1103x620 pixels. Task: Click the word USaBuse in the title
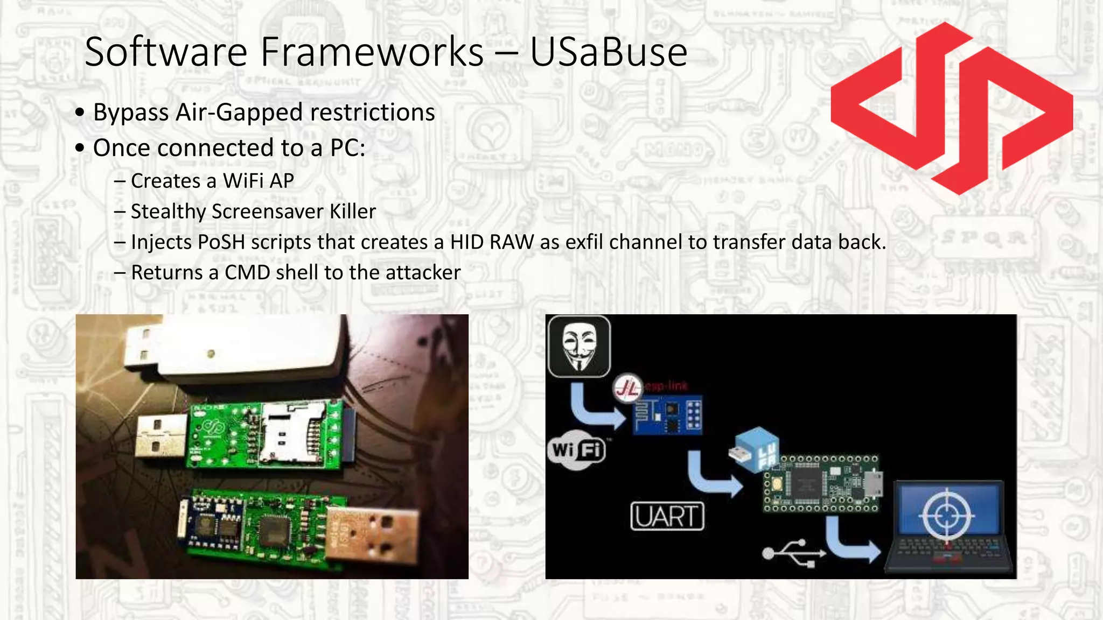click(608, 52)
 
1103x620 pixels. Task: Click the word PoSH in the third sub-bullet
click(221, 242)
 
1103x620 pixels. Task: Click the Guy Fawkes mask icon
click(579, 347)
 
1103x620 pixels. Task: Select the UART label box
click(667, 517)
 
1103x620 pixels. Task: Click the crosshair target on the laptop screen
click(946, 516)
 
